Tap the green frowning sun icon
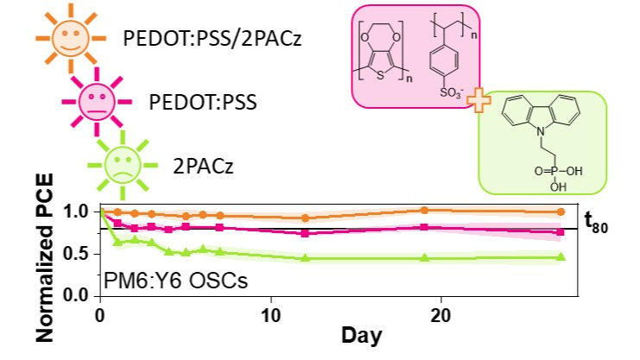(122, 163)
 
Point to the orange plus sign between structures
(475, 101)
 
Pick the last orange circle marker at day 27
(561, 212)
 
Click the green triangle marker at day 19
(424, 258)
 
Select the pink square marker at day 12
(305, 233)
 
